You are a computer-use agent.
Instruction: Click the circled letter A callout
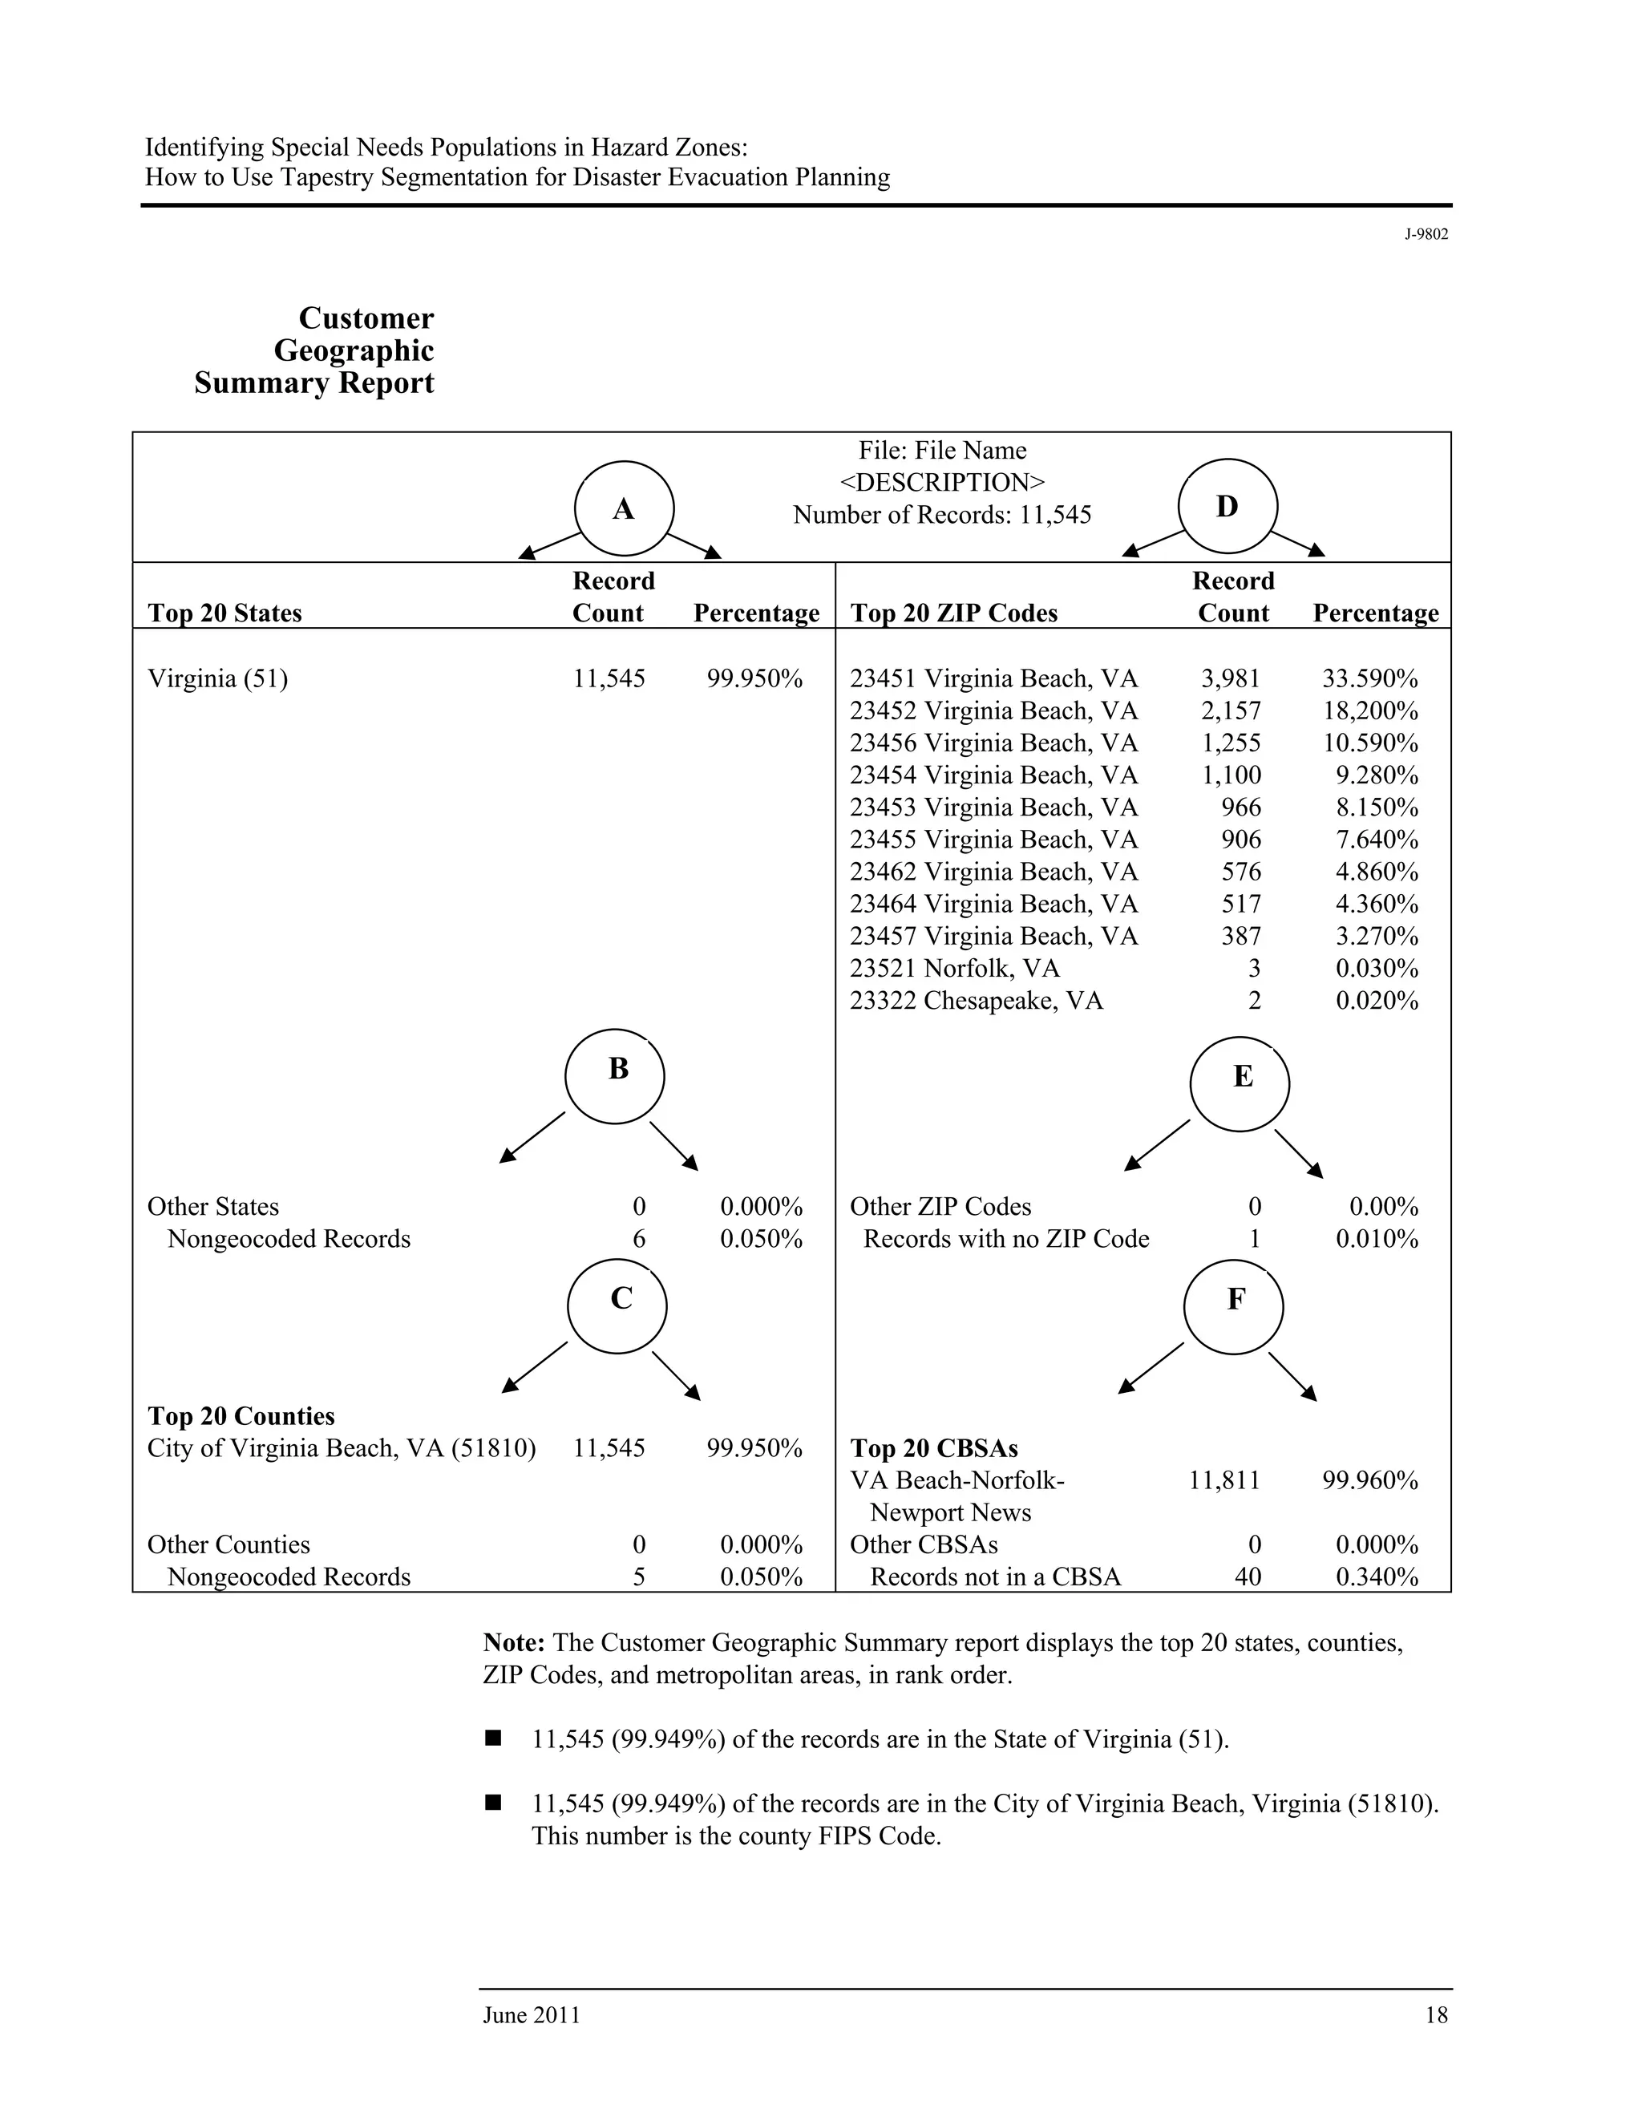click(624, 510)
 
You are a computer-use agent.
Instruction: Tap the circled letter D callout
click(1227, 508)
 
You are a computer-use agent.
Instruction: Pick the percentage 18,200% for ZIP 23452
click(1369, 711)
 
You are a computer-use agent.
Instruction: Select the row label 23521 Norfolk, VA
click(954, 969)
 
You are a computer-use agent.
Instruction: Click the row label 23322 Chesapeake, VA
click(976, 1002)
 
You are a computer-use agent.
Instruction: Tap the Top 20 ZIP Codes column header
click(953, 614)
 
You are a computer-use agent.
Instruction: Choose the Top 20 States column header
click(224, 614)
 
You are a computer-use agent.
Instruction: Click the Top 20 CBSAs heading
click(934, 1449)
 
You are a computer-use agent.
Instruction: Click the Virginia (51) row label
click(218, 679)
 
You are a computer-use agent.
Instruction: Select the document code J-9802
click(1426, 234)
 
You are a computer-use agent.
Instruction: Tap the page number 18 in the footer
click(1436, 2015)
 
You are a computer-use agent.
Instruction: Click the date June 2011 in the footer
click(531, 2015)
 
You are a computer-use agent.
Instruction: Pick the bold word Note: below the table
click(514, 1643)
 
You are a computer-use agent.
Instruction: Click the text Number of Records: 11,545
click(941, 516)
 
